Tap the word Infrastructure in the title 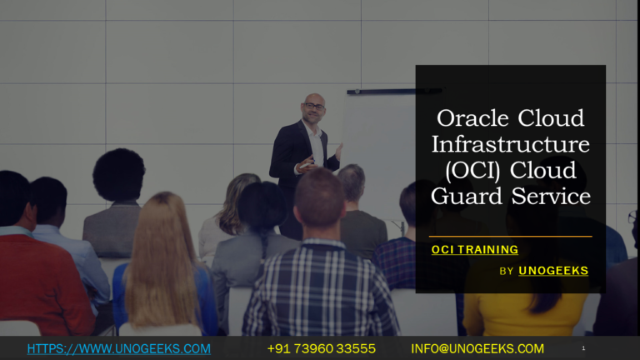click(x=510, y=144)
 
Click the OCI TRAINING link click(x=474, y=249)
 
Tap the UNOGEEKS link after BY click(x=553, y=271)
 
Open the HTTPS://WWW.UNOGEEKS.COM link click(x=118, y=348)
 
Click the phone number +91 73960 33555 click(x=321, y=348)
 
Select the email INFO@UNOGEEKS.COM click(x=477, y=348)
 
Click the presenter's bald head click(x=314, y=100)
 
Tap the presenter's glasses click(x=312, y=107)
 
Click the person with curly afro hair click(x=118, y=175)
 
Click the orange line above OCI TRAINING click(x=510, y=237)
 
